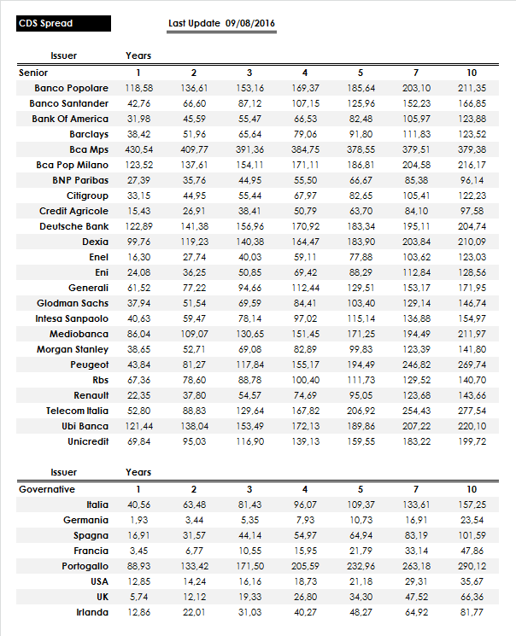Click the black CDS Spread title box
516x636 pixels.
[64, 24]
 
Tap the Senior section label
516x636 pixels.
[33, 73]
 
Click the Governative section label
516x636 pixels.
[47, 489]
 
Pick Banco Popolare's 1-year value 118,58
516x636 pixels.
[138, 88]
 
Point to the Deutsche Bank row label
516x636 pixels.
[73, 226]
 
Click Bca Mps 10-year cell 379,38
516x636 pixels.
[472, 149]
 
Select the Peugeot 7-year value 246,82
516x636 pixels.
[416, 365]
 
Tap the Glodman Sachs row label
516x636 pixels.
[73, 303]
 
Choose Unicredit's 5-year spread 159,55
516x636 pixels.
[361, 441]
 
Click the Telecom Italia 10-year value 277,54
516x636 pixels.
[472, 411]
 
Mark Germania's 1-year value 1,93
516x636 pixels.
[138, 520]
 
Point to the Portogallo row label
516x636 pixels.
[85, 566]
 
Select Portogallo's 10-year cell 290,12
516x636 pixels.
[472, 566]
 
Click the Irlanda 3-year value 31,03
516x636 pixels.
[249, 612]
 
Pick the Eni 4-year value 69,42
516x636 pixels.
[305, 272]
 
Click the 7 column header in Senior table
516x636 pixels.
[416, 73]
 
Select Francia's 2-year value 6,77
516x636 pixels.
[194, 551]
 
